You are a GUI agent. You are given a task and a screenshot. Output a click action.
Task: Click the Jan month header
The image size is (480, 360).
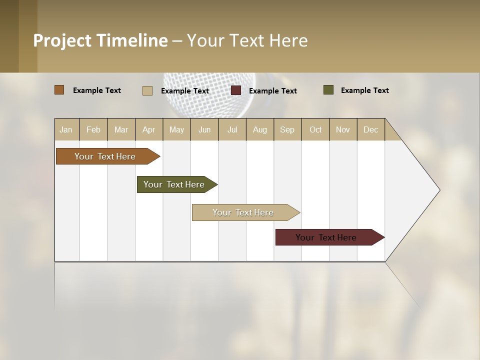pyautogui.click(x=66, y=129)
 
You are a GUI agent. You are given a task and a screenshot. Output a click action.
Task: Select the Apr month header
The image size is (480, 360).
pyautogui.click(x=148, y=129)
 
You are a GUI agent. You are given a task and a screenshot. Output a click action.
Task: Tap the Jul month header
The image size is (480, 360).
pyautogui.click(x=232, y=129)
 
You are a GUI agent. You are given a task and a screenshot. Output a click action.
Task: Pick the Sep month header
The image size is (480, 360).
pyautogui.click(x=287, y=129)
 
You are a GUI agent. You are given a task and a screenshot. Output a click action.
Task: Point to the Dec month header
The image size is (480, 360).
pyautogui.click(x=370, y=129)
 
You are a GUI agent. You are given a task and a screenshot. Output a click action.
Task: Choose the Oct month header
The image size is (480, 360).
pyautogui.click(x=315, y=129)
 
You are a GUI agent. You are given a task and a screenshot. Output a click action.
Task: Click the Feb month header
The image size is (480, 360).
pyautogui.click(x=93, y=129)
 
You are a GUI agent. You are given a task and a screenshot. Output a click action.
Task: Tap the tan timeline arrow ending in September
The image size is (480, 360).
pyautogui.click(x=243, y=212)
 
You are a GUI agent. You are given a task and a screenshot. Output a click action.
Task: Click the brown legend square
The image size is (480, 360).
pyautogui.click(x=59, y=90)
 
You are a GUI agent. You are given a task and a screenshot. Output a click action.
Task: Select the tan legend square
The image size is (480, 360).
pyautogui.click(x=147, y=90)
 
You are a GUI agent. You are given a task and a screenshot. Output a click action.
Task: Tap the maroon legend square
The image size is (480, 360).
pyautogui.click(x=236, y=90)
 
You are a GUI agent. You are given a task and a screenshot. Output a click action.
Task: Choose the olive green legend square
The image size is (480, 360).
pyautogui.click(x=328, y=90)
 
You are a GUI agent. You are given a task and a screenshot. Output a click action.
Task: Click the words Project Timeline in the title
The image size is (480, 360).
pyautogui.click(x=100, y=40)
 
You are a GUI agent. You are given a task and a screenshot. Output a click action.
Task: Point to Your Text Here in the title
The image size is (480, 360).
pyautogui.click(x=247, y=40)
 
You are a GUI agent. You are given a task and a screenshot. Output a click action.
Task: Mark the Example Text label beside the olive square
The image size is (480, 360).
pyautogui.click(x=364, y=90)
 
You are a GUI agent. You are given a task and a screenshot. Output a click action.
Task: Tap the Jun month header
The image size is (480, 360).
pyautogui.click(x=204, y=129)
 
